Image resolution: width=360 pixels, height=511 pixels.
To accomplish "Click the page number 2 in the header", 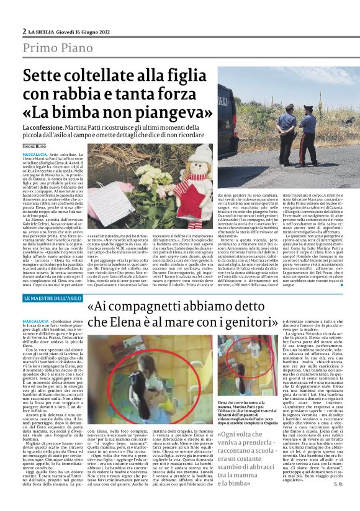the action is pyautogui.click(x=24, y=30).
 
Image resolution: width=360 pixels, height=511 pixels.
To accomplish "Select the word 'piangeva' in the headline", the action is pyautogui.click(x=168, y=114).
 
